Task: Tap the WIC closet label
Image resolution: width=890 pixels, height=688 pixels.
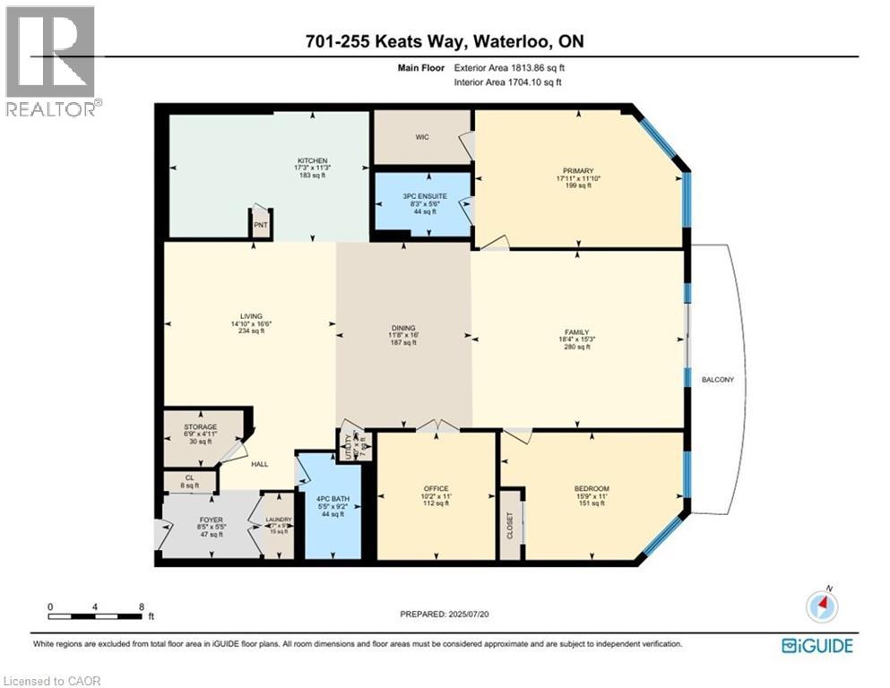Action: pos(423,138)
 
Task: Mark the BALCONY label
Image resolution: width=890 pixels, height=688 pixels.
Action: pos(717,380)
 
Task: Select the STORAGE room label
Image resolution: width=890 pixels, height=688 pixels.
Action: pos(200,426)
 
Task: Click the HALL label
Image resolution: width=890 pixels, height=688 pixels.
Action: pos(260,464)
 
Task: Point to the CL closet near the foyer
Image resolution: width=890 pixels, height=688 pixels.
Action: pos(189,478)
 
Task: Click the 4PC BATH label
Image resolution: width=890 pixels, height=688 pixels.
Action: pos(333,499)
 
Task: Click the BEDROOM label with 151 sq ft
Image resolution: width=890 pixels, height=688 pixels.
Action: pos(592,488)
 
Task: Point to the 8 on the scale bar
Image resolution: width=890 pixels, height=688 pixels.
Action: pos(142,606)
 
